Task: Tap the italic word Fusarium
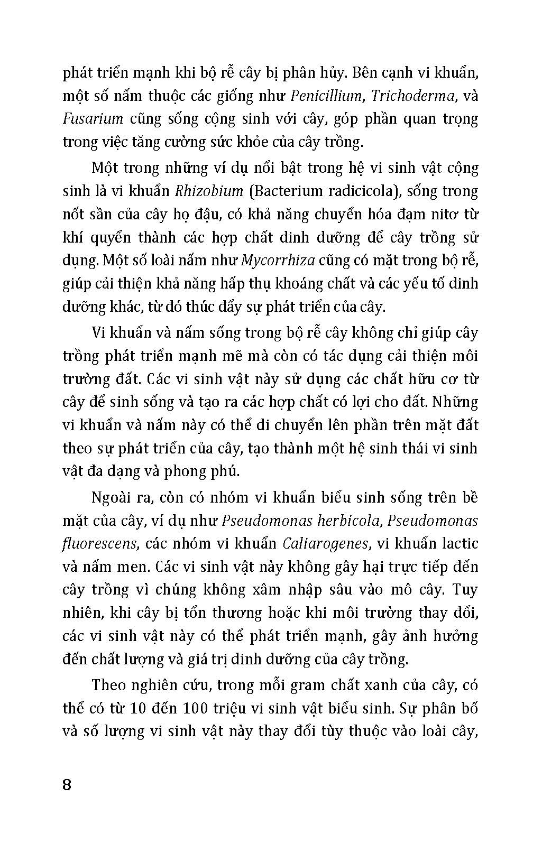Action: tap(93, 119)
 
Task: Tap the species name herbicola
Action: tap(348, 521)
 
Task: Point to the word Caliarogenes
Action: tap(325, 543)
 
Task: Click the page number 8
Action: tap(67, 784)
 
